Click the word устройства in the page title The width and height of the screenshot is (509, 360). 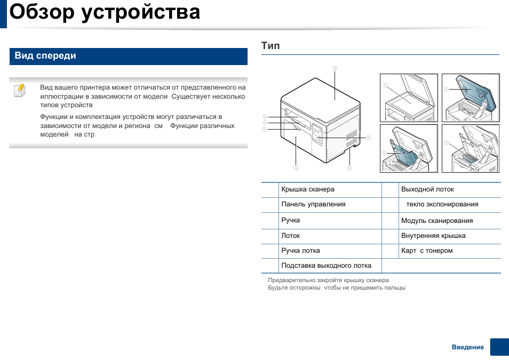(x=141, y=12)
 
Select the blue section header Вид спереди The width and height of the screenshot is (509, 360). (x=45, y=56)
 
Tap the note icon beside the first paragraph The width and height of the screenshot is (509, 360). (x=19, y=89)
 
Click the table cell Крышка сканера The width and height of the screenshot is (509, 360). (x=308, y=189)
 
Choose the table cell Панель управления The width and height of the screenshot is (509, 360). (x=313, y=204)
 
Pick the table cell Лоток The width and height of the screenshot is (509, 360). (x=291, y=236)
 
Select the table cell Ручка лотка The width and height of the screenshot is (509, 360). (x=300, y=251)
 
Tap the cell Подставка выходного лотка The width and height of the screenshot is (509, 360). (x=326, y=266)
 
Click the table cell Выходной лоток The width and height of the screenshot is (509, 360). (x=427, y=189)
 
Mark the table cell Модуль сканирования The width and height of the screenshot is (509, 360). (x=437, y=221)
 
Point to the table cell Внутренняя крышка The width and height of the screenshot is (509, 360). (x=433, y=236)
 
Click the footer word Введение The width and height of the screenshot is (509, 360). (x=468, y=347)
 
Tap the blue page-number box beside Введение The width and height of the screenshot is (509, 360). (x=499, y=347)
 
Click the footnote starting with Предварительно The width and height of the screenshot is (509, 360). (x=328, y=280)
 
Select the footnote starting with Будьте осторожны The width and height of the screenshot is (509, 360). (x=337, y=288)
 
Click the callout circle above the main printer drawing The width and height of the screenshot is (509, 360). (x=335, y=68)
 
